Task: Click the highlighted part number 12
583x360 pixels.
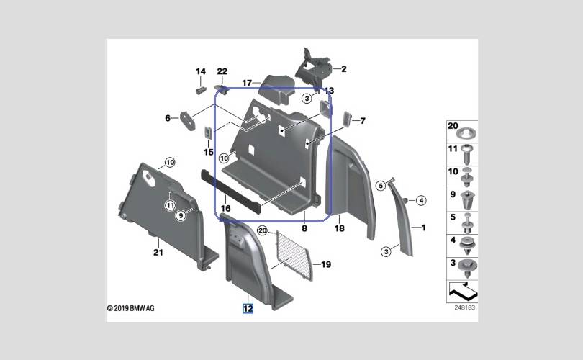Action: click(x=248, y=308)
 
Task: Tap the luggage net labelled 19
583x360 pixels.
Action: click(x=294, y=254)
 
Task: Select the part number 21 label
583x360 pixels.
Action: click(x=158, y=253)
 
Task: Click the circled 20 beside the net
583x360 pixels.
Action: click(x=263, y=230)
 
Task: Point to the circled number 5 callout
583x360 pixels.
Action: click(x=380, y=185)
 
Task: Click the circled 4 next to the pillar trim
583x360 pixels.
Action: click(x=421, y=200)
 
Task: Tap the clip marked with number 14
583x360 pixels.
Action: click(x=201, y=90)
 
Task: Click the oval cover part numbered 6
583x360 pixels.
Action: click(x=188, y=120)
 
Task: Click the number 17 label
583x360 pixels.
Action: click(x=247, y=83)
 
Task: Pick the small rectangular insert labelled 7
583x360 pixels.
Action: click(x=346, y=119)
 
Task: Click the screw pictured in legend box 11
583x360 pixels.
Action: click(x=467, y=153)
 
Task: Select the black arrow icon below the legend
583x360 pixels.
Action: click(x=463, y=291)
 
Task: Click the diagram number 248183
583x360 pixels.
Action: click(x=465, y=307)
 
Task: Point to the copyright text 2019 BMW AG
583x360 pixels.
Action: click(x=130, y=308)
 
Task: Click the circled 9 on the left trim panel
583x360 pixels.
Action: click(x=181, y=215)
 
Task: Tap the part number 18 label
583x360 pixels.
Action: click(x=340, y=228)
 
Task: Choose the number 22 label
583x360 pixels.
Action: click(x=222, y=71)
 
